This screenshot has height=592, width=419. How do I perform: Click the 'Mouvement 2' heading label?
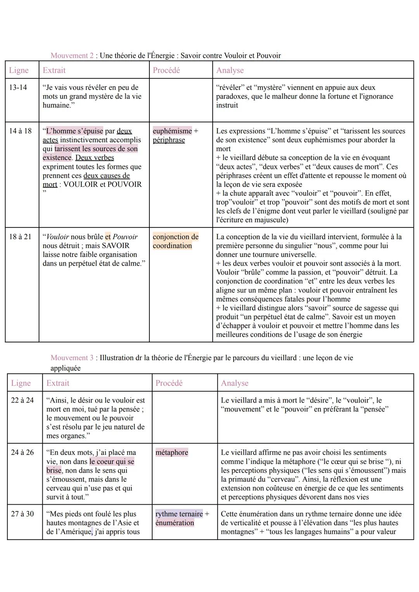pyautogui.click(x=72, y=56)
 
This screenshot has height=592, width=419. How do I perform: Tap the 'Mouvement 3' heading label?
pyautogui.click(x=72, y=358)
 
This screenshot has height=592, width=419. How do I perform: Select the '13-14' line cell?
pyautogui.click(x=18, y=87)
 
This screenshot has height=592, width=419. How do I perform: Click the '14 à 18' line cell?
pyautogui.click(x=20, y=131)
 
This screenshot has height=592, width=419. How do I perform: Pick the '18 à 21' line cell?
pyautogui.click(x=20, y=236)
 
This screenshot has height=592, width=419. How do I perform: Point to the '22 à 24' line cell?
pyautogui.click(x=23, y=400)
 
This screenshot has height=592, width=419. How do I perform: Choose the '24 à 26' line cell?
pyautogui.click(x=23, y=452)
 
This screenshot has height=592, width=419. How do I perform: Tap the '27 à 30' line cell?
pyautogui.click(x=23, y=514)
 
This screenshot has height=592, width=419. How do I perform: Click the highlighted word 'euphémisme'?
pyautogui.click(x=172, y=131)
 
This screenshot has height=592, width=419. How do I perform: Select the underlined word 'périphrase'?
pyautogui.click(x=169, y=140)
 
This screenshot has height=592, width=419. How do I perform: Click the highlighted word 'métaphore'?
pyautogui.click(x=171, y=452)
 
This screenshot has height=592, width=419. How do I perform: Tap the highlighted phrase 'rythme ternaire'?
pyautogui.click(x=179, y=514)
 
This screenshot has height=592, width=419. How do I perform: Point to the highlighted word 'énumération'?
pyautogui.click(x=175, y=523)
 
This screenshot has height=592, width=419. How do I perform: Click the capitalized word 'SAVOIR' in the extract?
pyautogui.click(x=116, y=245)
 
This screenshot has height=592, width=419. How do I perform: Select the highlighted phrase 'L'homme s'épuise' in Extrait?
pyautogui.click(x=74, y=131)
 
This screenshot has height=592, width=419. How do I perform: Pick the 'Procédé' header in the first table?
pyautogui.click(x=166, y=70)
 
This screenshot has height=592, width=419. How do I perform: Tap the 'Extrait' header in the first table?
pyautogui.click(x=54, y=70)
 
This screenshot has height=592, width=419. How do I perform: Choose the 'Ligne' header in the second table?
pyautogui.click(x=21, y=383)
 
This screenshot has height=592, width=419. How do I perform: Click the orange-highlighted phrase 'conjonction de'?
pyautogui.click(x=175, y=236)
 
